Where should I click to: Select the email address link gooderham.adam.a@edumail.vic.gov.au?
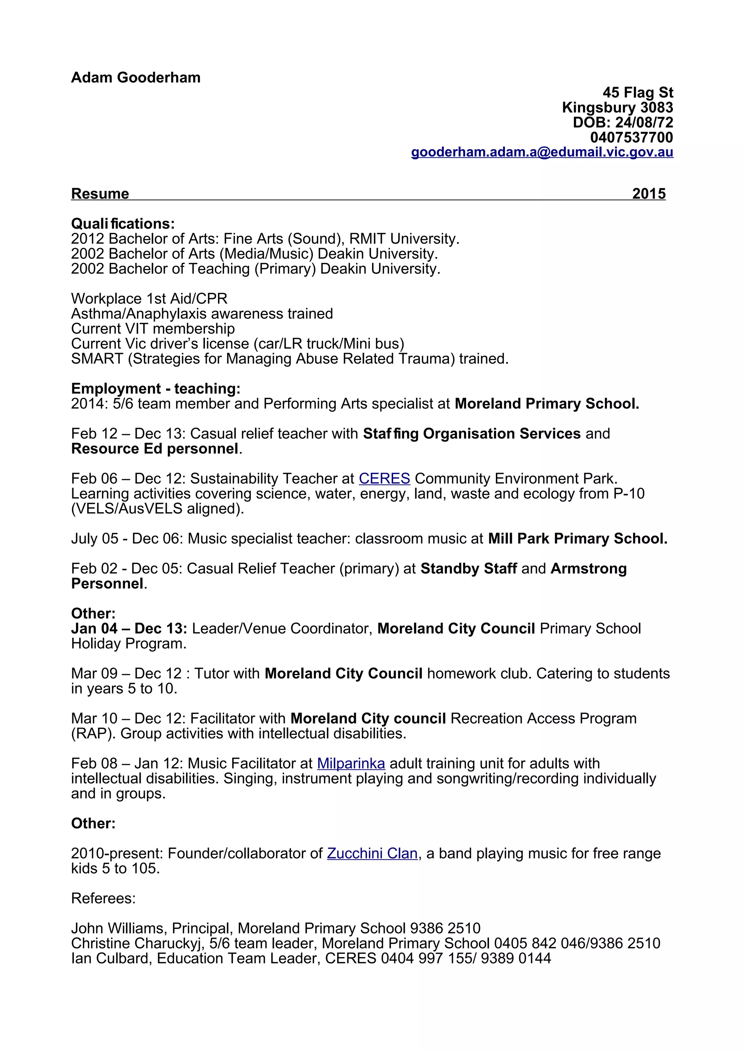click(x=542, y=152)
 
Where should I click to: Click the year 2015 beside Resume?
click(x=649, y=193)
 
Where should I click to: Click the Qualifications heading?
click(x=123, y=224)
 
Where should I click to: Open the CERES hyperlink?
click(x=384, y=478)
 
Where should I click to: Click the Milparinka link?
click(x=351, y=763)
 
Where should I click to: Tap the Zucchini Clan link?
click(x=372, y=853)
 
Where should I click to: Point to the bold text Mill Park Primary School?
click(x=577, y=538)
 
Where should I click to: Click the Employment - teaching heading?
click(x=155, y=388)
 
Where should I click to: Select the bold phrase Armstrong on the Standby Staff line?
click(x=588, y=568)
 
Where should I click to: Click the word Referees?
click(x=103, y=898)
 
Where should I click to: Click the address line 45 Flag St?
click(x=638, y=93)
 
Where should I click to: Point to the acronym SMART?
click(x=97, y=358)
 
